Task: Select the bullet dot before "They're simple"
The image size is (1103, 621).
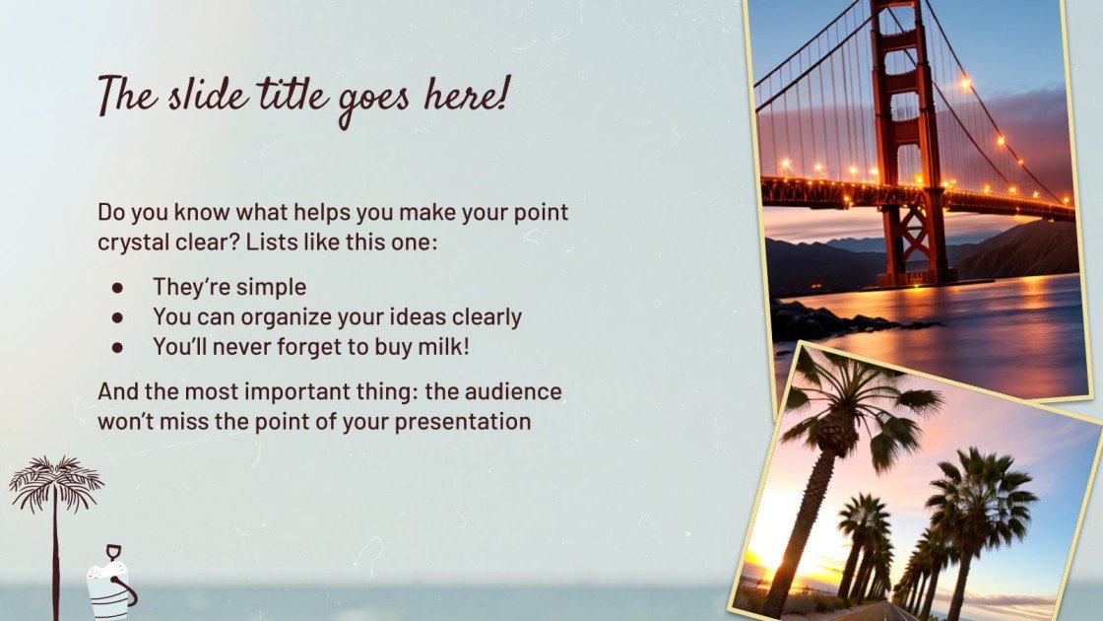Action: coord(117,287)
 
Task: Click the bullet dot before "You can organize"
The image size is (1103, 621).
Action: coord(117,317)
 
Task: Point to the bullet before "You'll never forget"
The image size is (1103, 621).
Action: coord(117,347)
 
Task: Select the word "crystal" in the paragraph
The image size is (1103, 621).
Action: coord(132,241)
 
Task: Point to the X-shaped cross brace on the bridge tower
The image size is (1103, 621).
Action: coord(914,242)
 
